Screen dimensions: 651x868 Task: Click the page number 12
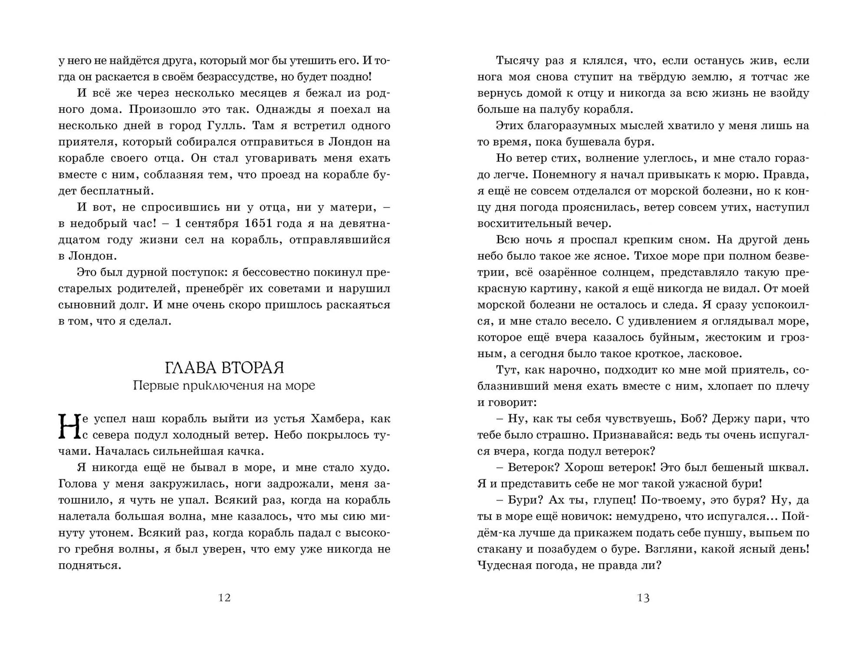pos(225,598)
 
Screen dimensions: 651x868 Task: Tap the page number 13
pos(643,598)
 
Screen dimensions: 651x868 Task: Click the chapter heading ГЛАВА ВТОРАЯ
pos(224,368)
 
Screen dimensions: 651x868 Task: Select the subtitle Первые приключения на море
pos(224,386)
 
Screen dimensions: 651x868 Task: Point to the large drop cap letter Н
pos(68,427)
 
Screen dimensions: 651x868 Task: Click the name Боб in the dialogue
pos(693,419)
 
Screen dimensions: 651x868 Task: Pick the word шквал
pos(788,467)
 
